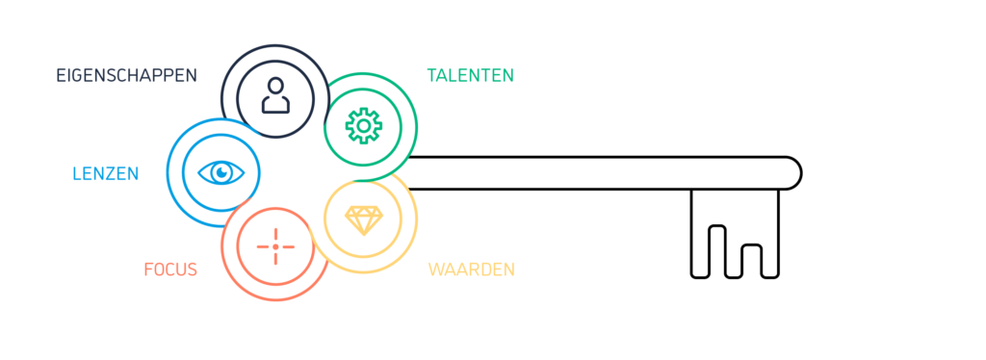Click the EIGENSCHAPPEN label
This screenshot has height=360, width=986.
[x=126, y=75]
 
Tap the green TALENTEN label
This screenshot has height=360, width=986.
[x=470, y=75]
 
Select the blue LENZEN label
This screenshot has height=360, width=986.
[x=106, y=173]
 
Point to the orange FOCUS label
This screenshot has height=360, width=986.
[x=170, y=270]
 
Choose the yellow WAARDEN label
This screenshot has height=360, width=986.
[x=472, y=270]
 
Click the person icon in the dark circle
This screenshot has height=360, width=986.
[x=275, y=95]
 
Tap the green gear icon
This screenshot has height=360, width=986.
[x=363, y=126]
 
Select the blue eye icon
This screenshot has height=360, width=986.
[x=221, y=172]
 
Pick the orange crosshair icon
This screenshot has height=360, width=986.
[x=275, y=246]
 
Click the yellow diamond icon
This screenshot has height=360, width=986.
[x=363, y=220]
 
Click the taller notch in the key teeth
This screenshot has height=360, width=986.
[x=717, y=251]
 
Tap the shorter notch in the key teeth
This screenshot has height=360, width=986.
[x=751, y=261]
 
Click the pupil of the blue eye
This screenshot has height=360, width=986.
[x=221, y=171]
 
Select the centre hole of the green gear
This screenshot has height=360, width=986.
[x=363, y=126]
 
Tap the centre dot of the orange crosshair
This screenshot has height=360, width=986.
[x=275, y=246]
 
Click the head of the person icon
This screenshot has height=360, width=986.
[x=275, y=86]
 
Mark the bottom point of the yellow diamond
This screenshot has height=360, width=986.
[x=363, y=235]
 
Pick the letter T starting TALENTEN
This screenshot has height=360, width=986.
[x=432, y=75]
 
